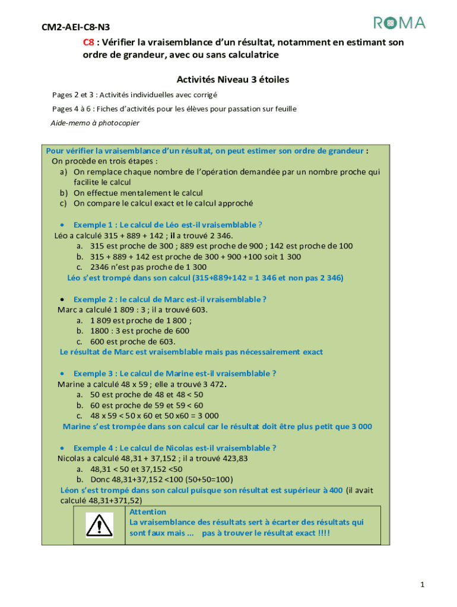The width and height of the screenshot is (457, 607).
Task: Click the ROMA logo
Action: point(399,23)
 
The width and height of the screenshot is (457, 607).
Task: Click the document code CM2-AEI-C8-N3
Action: point(75,27)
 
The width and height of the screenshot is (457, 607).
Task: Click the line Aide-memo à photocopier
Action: point(95,123)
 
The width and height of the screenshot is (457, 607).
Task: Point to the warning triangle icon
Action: point(99,524)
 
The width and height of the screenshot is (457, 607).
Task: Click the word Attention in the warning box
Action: point(148,512)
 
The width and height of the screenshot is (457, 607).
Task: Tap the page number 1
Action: point(422,585)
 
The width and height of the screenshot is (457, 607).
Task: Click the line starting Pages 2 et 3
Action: point(135,95)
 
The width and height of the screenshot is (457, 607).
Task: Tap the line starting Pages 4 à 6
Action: point(174,109)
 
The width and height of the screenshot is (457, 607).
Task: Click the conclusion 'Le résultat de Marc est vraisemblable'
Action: point(192,352)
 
